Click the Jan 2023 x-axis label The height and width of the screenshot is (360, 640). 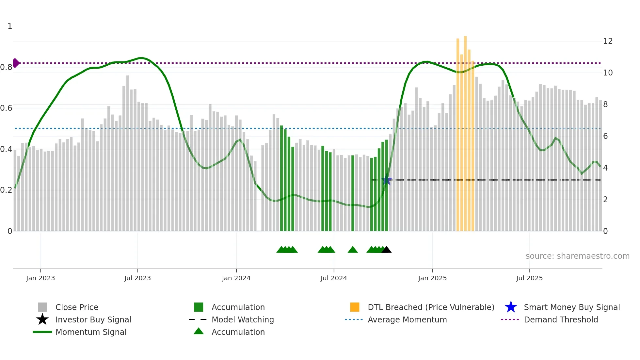click(40, 278)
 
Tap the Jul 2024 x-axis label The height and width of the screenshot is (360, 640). click(334, 278)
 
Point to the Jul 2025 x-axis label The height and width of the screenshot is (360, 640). click(529, 278)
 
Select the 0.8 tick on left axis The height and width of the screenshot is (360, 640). click(6, 67)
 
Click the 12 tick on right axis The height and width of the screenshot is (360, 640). click(608, 41)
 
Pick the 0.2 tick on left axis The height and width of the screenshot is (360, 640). click(6, 190)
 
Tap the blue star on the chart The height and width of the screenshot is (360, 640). click(386, 180)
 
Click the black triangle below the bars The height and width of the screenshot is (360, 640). click(387, 250)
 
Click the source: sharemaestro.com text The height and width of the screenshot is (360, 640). click(577, 256)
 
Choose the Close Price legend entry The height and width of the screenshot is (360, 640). click(77, 307)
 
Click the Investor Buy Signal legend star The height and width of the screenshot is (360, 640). click(42, 319)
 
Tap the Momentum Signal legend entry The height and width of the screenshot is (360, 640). click(91, 332)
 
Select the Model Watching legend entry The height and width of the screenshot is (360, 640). click(243, 319)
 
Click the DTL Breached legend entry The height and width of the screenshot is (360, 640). click(431, 307)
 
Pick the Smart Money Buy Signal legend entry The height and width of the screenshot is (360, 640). click(571, 307)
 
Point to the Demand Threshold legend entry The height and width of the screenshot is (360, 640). click(561, 319)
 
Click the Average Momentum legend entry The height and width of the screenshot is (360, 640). click(407, 319)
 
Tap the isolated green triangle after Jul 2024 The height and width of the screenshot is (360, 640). click(353, 250)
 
